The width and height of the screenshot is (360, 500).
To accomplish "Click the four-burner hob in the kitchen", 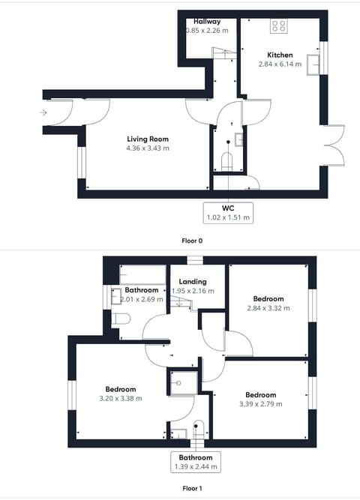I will pos(279,26).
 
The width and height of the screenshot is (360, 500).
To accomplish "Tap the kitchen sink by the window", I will pos(316,59).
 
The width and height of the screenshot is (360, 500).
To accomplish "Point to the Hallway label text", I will pos(206,21).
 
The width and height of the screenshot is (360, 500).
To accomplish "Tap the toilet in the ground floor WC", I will pos(229,160).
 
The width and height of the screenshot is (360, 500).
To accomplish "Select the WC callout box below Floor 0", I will pos(228,212).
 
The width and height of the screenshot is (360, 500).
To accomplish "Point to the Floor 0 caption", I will pos(192,241).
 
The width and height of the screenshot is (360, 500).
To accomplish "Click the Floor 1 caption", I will pos(192,488).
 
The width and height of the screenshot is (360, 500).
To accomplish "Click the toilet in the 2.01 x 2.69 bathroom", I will pos(122,319).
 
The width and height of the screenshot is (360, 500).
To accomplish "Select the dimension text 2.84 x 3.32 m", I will pos(268,307).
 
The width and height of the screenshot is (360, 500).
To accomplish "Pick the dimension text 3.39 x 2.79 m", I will pos(261,404).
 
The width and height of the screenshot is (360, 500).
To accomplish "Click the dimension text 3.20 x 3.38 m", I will pos(120,398).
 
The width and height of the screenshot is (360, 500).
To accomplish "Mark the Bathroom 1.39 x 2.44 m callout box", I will pos(195,462).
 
